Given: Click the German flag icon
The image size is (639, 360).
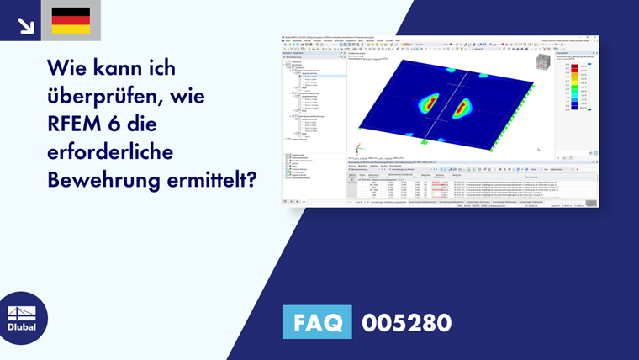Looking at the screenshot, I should (71, 20).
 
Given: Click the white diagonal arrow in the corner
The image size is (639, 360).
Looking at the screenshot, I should (25, 24).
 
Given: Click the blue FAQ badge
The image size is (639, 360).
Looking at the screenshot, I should (316, 322).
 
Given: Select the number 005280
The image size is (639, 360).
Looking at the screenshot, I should (406, 322).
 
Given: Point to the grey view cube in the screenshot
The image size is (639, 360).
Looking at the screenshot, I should (543, 62).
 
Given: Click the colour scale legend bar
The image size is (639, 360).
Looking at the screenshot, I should (575, 87).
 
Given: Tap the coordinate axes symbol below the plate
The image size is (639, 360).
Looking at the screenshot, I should (362, 148).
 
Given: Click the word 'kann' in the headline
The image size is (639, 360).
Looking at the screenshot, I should (134, 66).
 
